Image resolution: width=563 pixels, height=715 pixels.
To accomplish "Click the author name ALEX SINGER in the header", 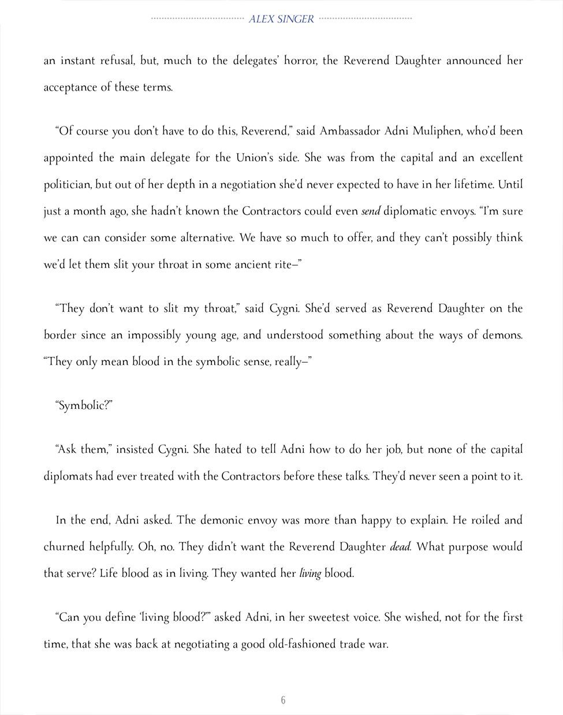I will (281, 19).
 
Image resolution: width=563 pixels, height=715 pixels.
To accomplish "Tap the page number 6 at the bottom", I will (283, 700).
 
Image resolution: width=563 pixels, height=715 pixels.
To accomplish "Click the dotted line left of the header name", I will (197, 18).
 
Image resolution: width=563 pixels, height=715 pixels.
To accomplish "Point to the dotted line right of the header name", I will (366, 18).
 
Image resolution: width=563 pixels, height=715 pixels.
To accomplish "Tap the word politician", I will (67, 185).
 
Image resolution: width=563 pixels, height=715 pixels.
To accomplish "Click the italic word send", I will (371, 211).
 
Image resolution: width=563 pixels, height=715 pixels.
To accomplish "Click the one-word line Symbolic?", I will (84, 405).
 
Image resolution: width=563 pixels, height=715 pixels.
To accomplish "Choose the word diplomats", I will (68, 476).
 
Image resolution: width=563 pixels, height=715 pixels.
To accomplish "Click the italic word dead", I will (400, 547).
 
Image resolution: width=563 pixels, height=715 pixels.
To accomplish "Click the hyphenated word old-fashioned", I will (302, 644).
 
